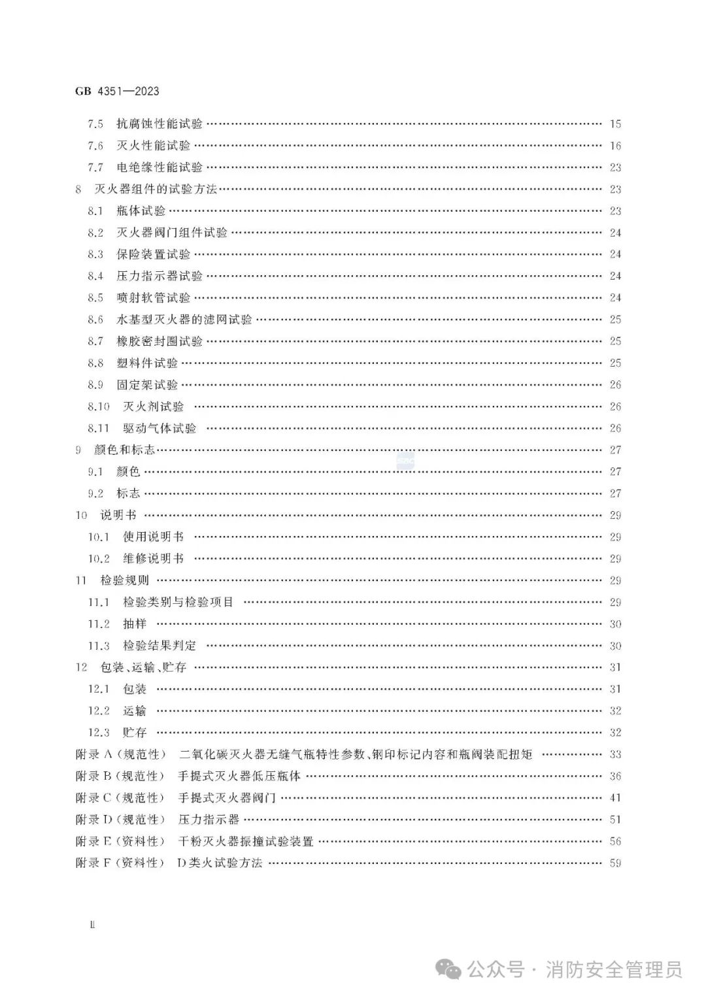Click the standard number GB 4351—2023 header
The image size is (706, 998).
[x=117, y=91]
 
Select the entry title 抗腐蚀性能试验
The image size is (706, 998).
[x=160, y=124]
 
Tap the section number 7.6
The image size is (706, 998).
[x=95, y=146]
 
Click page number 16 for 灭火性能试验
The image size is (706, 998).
[x=614, y=146]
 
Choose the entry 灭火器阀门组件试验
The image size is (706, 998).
[x=172, y=233]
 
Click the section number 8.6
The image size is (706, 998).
[x=95, y=320]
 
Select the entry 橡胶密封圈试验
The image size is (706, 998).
[x=160, y=341]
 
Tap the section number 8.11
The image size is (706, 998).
[x=98, y=428]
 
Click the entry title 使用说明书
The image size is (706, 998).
[x=153, y=537]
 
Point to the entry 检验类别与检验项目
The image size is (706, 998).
[x=178, y=602]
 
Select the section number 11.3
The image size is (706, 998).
[x=98, y=646]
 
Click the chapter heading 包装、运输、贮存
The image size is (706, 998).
[x=143, y=667]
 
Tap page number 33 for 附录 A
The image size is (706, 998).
[x=614, y=754]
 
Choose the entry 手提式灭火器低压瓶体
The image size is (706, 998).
[x=239, y=776]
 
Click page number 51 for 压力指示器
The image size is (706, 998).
[x=614, y=820]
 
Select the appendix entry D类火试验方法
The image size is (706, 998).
[x=220, y=863]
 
